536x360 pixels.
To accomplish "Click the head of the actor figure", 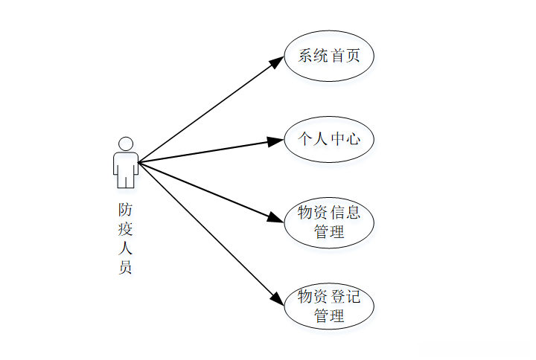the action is pyautogui.click(x=126, y=144).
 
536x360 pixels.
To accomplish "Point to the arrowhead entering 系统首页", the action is pyautogui.click(x=276, y=62).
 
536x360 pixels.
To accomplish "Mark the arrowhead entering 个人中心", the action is pyautogui.click(x=275, y=141).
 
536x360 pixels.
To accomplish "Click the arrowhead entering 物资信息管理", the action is pyautogui.click(x=275, y=218).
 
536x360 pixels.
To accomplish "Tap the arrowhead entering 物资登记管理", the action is pyautogui.click(x=277, y=298).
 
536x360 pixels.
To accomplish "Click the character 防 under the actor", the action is pyautogui.click(x=125, y=210).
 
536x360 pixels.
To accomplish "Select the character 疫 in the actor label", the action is pyautogui.click(x=125, y=229).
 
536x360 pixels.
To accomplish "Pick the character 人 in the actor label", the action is pyautogui.click(x=125, y=248).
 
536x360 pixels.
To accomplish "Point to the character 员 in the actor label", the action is pyautogui.click(x=125, y=267).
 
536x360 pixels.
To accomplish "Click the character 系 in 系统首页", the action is pyautogui.click(x=305, y=56).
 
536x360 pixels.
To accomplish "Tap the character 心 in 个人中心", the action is pyautogui.click(x=353, y=138).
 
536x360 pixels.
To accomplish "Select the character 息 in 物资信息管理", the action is pyautogui.click(x=353, y=213).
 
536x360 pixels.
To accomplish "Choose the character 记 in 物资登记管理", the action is pyautogui.click(x=353, y=296).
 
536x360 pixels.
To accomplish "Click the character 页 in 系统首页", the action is pyautogui.click(x=353, y=56).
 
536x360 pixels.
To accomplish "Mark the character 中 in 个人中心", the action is pyautogui.click(x=337, y=138).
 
